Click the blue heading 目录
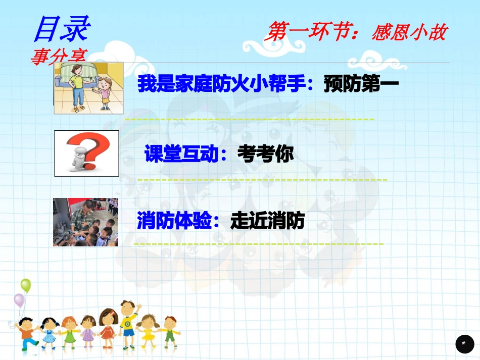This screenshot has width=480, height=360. tap(61, 28)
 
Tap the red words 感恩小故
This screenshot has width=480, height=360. tap(409, 33)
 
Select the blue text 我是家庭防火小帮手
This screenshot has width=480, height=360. tap(222, 84)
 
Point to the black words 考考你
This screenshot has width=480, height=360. tap(266, 154)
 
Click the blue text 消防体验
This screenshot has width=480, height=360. tap(174, 220)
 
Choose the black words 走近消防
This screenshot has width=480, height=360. tap(267, 220)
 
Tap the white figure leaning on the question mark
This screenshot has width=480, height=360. tap(78, 159)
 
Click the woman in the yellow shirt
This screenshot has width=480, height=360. tap(78, 86)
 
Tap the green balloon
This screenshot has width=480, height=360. tap(25, 285)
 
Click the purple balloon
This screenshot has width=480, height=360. tap(19, 300)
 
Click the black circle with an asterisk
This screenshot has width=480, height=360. tap(464, 343)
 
